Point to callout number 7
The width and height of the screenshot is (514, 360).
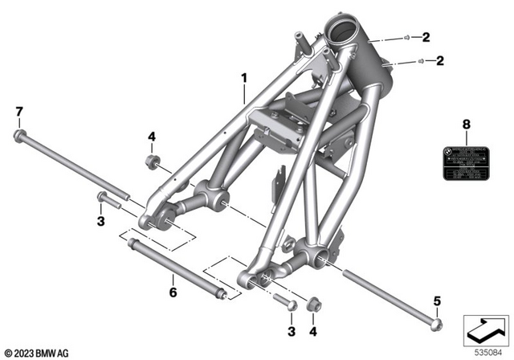19,110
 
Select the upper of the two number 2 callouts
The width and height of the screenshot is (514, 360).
426,36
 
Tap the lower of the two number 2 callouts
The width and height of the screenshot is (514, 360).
439,60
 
